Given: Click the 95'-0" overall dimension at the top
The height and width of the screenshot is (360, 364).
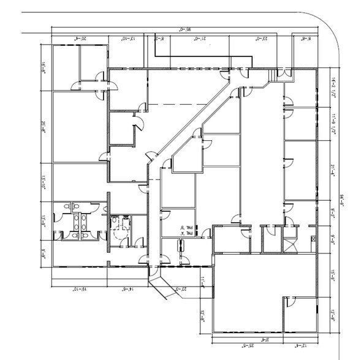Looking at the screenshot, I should tap(183, 29).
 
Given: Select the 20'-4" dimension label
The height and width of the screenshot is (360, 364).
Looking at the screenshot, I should tap(80, 39).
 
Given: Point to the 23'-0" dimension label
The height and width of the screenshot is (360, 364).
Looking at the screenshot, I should tap(262, 39).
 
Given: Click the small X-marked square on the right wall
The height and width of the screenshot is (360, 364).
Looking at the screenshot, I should tap(314, 238).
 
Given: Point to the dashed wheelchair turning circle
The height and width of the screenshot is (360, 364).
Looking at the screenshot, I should tap(119, 231).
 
